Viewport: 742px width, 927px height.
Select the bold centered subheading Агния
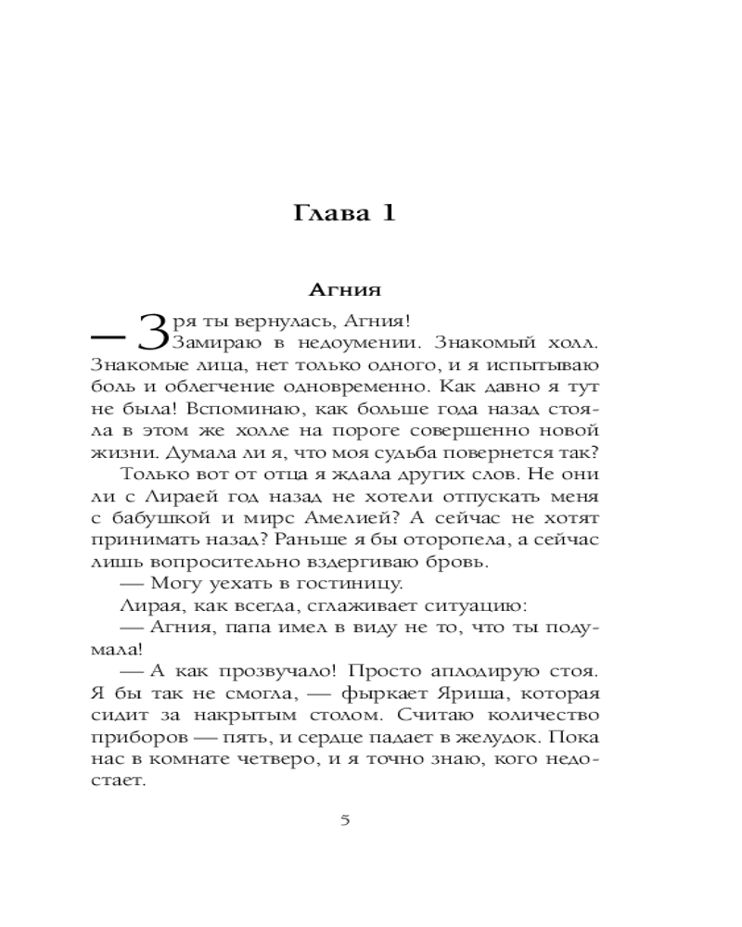[345, 289]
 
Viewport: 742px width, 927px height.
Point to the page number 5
[345, 819]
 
